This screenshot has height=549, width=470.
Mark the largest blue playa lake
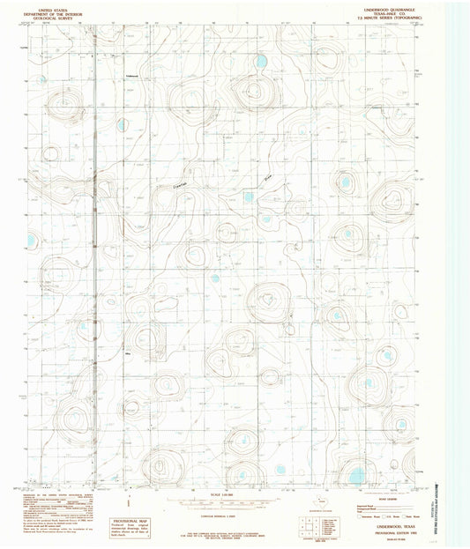coord(356,476)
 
